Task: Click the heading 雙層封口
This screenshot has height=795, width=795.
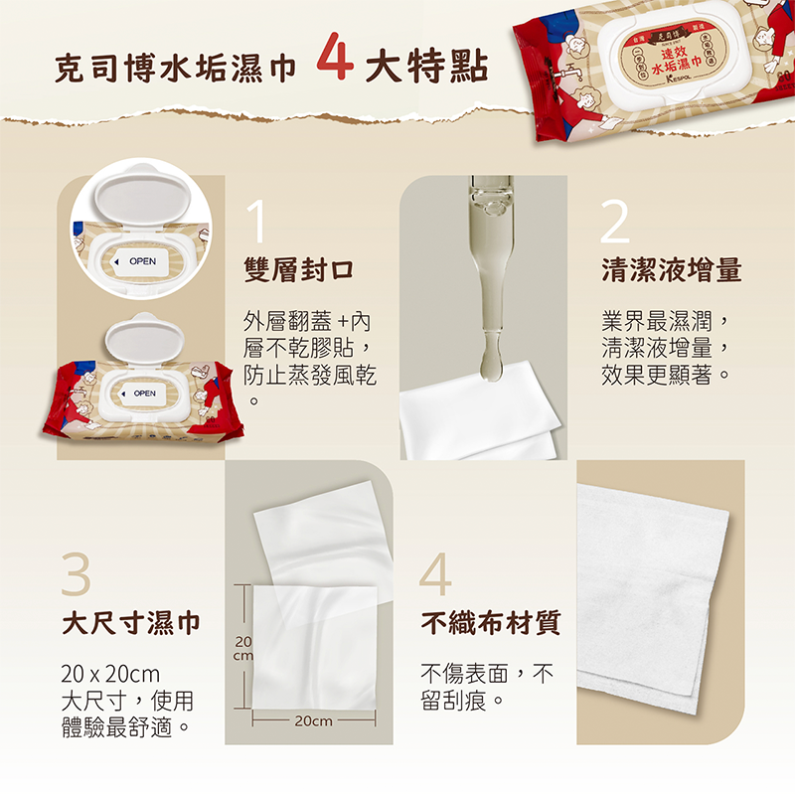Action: [x=299, y=269]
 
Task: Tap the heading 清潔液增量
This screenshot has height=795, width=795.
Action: [x=672, y=269]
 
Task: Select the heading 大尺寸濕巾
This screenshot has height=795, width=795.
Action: [x=131, y=623]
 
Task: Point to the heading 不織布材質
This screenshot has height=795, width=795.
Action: [x=491, y=623]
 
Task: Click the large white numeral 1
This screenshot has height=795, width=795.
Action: [x=256, y=223]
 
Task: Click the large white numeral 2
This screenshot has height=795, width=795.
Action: [x=615, y=223]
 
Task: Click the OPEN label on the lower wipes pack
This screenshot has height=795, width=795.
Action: [x=143, y=395]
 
